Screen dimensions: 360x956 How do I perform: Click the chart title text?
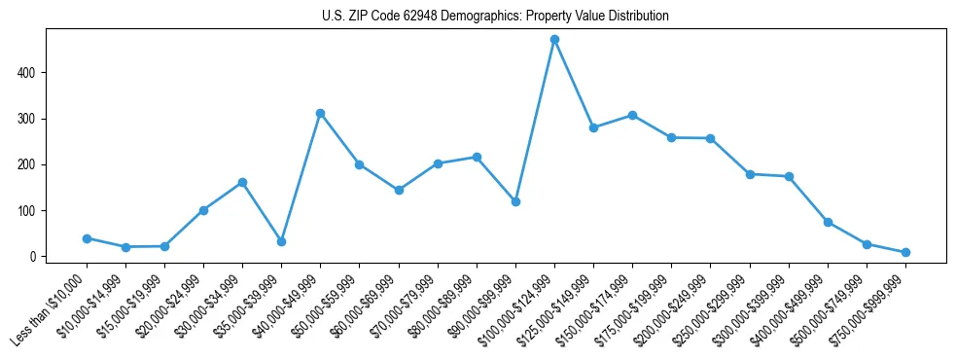click(495, 17)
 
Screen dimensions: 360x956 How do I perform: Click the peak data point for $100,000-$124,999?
click(554, 40)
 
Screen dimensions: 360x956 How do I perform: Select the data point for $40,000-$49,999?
click(320, 113)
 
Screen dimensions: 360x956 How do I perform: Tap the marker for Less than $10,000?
click(87, 238)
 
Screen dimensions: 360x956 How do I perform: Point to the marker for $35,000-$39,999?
click(281, 241)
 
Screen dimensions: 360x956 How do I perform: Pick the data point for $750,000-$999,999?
click(905, 252)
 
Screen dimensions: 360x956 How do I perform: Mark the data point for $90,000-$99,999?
click(515, 201)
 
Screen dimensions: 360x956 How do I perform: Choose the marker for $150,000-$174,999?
click(632, 115)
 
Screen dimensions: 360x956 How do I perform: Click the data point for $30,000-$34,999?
click(242, 182)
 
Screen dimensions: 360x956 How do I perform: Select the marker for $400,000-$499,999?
click(828, 222)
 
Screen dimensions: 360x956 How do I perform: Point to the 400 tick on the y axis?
click(36, 73)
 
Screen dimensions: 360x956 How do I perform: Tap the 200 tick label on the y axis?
click(36, 164)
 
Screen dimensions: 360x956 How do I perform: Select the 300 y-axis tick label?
click(36, 119)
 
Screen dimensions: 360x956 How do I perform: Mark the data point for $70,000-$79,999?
click(438, 163)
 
